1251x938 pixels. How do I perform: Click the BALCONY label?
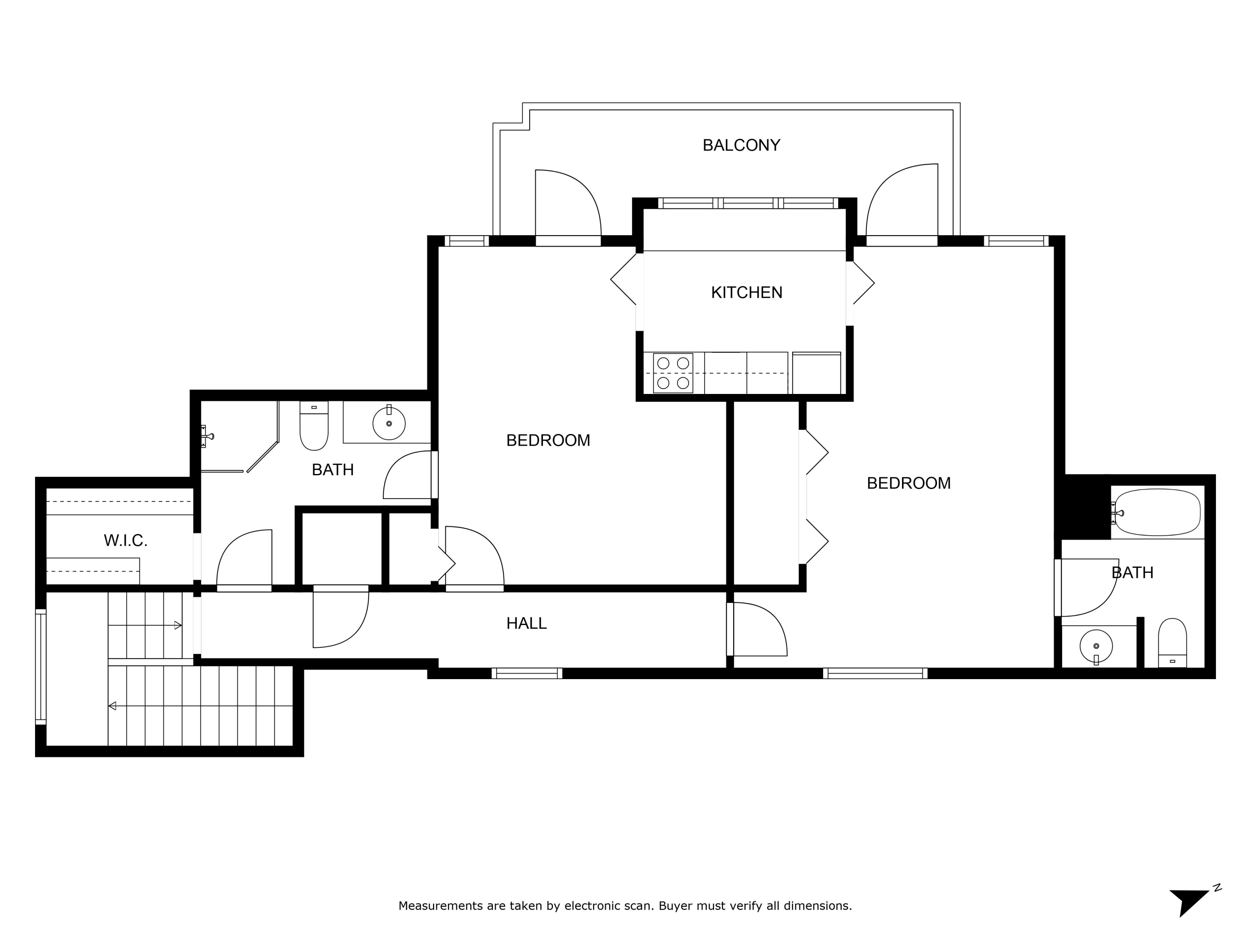coord(741,145)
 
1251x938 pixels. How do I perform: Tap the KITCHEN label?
coord(746,292)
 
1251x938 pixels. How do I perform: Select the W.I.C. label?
coord(126,541)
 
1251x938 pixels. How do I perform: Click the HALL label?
coord(526,623)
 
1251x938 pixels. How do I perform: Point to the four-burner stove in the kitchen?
coord(673,373)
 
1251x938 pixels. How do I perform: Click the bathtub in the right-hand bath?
coord(1157,512)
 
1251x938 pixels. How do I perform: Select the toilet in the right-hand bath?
coord(1172,643)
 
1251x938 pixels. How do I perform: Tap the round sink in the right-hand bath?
coord(1096,646)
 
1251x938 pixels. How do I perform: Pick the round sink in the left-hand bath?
coord(389,423)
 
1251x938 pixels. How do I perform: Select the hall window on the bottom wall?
coord(527,673)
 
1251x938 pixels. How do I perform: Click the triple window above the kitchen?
coord(748,203)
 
